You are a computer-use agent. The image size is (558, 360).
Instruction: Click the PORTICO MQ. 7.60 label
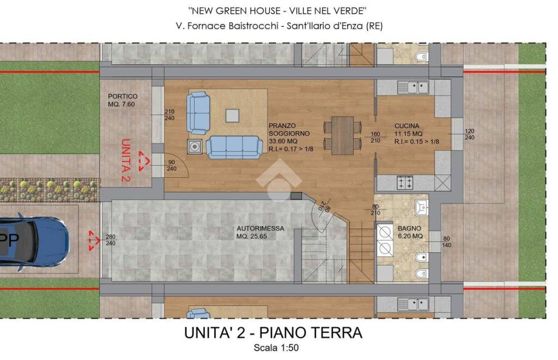pos(123,100)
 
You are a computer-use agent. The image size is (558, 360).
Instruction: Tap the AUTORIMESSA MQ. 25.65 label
pos(260,233)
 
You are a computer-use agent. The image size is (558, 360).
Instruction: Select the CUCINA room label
pos(407,126)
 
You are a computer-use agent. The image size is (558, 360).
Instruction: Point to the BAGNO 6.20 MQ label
pos(410,233)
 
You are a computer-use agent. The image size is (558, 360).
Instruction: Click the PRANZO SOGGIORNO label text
pos(289,130)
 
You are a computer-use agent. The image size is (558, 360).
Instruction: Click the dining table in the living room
pos(342,136)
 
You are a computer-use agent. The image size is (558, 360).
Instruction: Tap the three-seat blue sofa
pos(234,147)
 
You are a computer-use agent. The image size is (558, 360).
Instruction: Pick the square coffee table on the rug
pos(232,116)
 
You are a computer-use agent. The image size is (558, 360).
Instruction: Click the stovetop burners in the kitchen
pos(405,183)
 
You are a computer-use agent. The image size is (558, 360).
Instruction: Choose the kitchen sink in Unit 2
pos(413,87)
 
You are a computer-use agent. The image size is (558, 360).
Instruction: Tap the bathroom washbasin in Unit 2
pos(422,208)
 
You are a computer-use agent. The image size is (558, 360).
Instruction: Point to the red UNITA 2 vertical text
pos(125,160)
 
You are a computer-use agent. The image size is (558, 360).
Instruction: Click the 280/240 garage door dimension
pos(110,240)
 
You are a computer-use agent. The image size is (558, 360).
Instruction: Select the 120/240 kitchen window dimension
pos(469,134)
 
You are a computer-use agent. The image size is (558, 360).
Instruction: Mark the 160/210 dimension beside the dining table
pos(375,137)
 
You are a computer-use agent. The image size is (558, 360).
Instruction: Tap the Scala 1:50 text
pos(276,348)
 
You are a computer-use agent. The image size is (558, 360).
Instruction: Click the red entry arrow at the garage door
pos(94,241)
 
